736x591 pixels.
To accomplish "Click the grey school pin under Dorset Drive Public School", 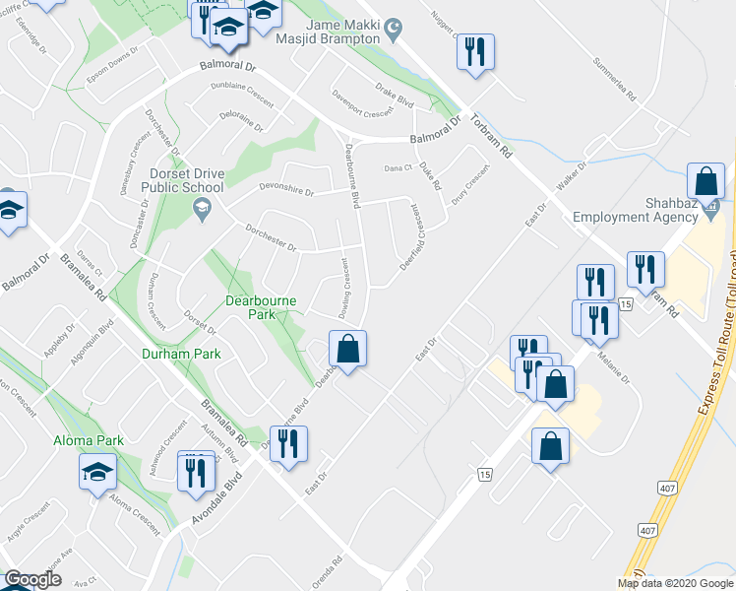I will tap(202, 206).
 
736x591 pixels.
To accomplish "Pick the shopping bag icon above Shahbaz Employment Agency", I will tap(705, 181).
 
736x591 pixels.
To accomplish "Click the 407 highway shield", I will tap(647, 530).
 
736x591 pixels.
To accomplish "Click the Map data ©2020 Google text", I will tap(675, 583).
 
